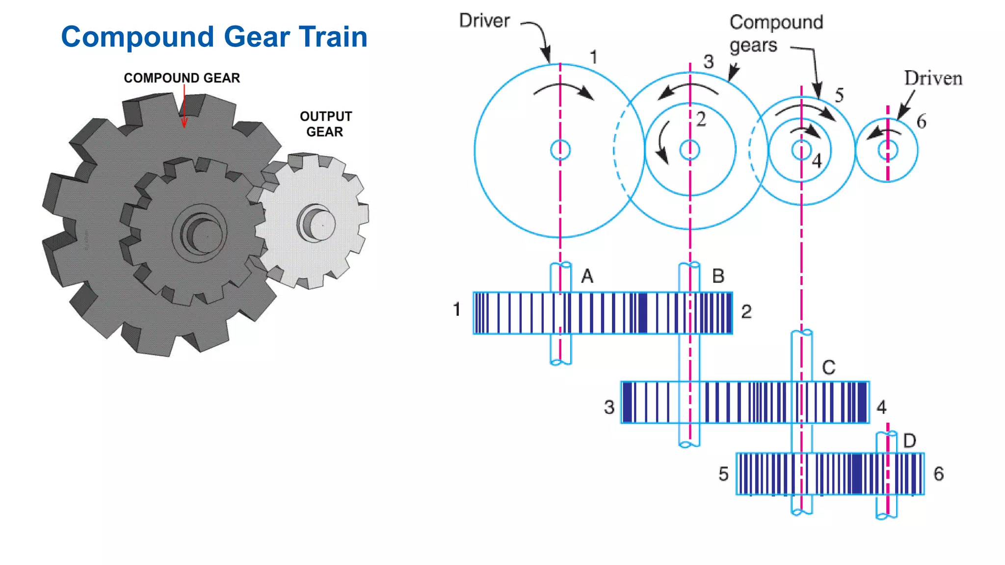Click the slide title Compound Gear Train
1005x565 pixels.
214,37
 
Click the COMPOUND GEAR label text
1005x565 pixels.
182,78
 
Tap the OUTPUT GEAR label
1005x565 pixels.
325,124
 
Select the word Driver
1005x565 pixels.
484,21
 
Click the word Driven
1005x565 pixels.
933,78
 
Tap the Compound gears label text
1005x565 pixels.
775,33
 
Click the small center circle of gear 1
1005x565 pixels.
560,150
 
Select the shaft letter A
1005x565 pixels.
587,277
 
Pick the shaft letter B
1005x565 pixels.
718,276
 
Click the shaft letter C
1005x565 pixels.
828,368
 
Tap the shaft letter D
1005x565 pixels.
909,441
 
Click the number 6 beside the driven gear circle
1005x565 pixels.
921,122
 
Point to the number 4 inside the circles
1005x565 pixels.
817,161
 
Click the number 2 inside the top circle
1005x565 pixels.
701,119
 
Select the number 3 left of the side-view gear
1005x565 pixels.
609,407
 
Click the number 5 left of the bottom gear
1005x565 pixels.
723,474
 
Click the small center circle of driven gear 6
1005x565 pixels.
887,150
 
